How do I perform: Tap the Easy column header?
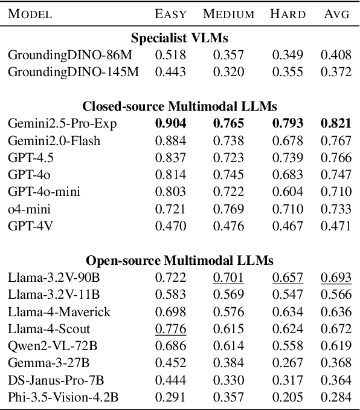tap(170, 14)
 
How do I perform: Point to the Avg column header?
tap(336, 14)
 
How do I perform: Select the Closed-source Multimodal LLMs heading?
tap(179, 106)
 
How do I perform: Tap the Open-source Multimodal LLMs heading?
tap(179, 261)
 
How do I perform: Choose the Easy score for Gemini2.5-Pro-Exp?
tap(170, 124)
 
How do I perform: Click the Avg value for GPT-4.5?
tap(336, 158)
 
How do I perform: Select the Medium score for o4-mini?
tap(228, 209)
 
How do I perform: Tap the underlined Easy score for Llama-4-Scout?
tap(170, 328)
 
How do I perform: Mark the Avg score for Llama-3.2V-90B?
tap(336, 278)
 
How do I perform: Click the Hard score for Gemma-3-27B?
tap(286, 363)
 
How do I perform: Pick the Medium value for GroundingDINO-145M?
tap(228, 72)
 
